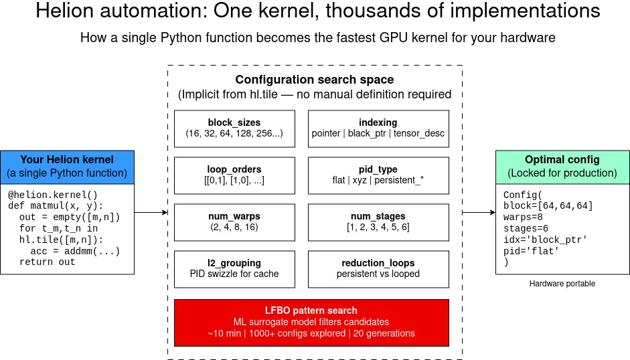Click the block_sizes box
[234, 128]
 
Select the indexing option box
[378, 128]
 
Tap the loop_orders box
[234, 175]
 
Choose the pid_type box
[378, 175]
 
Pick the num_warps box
[234, 222]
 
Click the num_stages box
[378, 222]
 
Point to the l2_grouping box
[234, 269]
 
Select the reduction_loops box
[378, 269]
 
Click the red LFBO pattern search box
[311, 322]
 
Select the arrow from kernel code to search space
[151, 213]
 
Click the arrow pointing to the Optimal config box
[478, 213]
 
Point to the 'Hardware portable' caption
[562, 284]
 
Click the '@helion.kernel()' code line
[53, 194]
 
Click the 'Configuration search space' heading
[314, 80]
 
